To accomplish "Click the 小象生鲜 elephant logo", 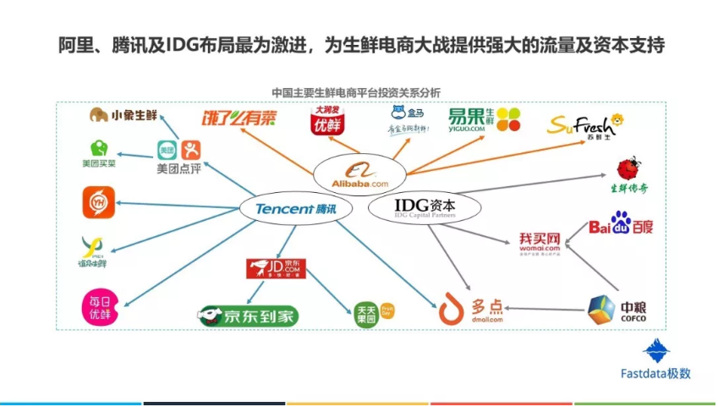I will [122, 115].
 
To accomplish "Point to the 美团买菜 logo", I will [99, 153].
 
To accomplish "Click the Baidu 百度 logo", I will [622, 224].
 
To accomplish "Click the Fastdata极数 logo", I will [655, 360].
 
